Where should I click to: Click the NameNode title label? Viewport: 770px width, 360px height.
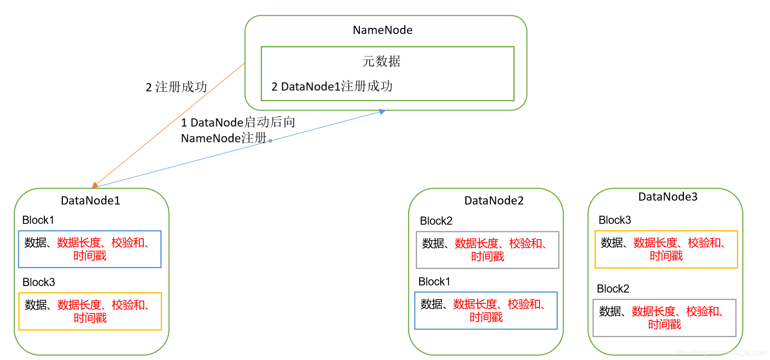(x=382, y=30)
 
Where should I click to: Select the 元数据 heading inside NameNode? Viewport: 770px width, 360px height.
(x=381, y=61)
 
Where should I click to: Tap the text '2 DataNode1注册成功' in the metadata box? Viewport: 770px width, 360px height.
(x=332, y=87)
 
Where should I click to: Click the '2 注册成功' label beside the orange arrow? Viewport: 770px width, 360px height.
(x=176, y=87)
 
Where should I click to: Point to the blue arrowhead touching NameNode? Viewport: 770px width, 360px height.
(x=382, y=111)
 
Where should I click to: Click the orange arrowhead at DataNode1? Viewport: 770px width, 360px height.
(x=95, y=185)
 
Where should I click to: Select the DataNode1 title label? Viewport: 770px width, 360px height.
(x=90, y=200)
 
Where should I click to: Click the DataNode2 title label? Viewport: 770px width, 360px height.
(x=494, y=200)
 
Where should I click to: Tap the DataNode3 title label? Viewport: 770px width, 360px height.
(x=668, y=197)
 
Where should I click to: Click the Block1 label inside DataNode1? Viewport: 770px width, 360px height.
(x=38, y=220)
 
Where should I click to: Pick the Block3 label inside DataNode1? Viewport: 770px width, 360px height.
(x=39, y=282)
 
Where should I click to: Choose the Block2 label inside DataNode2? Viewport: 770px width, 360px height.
(x=436, y=221)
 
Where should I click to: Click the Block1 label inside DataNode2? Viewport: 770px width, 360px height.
(x=434, y=282)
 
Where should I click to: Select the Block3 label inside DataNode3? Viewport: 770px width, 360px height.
(x=615, y=220)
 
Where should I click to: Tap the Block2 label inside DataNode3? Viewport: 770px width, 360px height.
(x=613, y=289)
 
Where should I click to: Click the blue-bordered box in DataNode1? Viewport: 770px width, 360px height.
(x=90, y=249)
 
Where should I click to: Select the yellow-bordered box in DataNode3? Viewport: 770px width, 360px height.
(x=666, y=249)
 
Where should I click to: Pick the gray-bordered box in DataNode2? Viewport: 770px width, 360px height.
(x=487, y=250)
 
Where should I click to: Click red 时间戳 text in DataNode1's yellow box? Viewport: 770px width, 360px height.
(x=90, y=318)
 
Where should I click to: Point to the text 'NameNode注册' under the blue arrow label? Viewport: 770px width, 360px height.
(x=224, y=138)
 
